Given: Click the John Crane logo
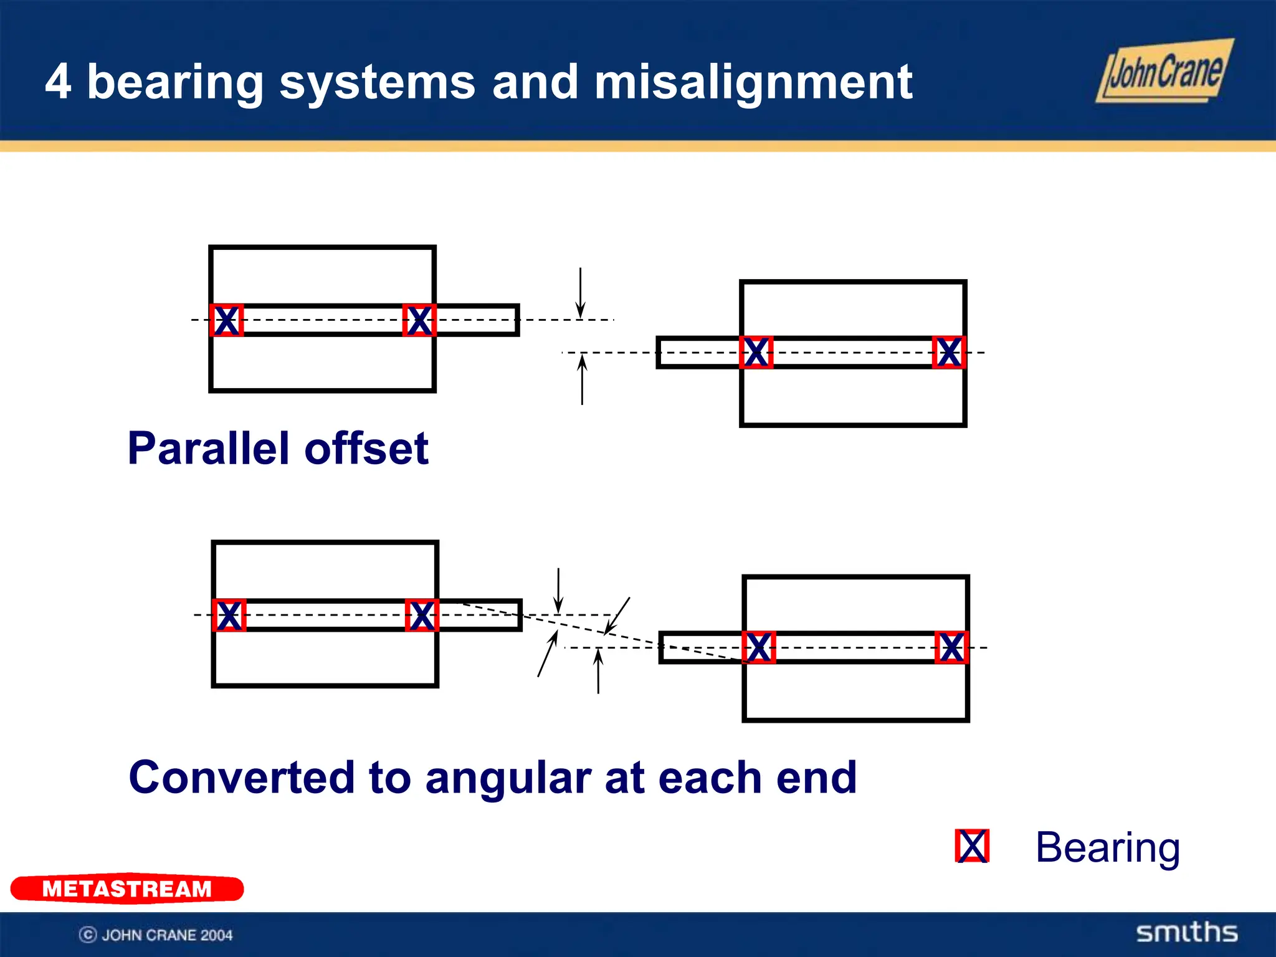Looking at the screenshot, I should pos(1164,71).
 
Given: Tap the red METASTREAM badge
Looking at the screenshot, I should pos(127,888).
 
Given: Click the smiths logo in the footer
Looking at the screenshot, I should pos(1187,932).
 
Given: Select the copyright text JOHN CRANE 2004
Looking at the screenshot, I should pos(156,935).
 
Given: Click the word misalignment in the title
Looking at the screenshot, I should pos(753,82).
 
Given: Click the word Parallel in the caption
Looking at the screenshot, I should pos(209,449).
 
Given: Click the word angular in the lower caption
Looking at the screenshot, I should pos(508,779).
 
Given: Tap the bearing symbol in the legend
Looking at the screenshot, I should pos(972,846).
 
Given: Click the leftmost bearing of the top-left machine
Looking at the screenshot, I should pos(226,320).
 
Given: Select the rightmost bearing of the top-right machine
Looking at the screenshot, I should pos(949,353).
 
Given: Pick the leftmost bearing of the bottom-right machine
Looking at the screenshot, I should pos(759,647).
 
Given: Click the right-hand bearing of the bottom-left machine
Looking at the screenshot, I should pos(422,616).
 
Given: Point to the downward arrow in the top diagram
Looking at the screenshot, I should pos(581,293).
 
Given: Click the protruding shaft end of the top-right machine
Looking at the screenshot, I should pos(698,353).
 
